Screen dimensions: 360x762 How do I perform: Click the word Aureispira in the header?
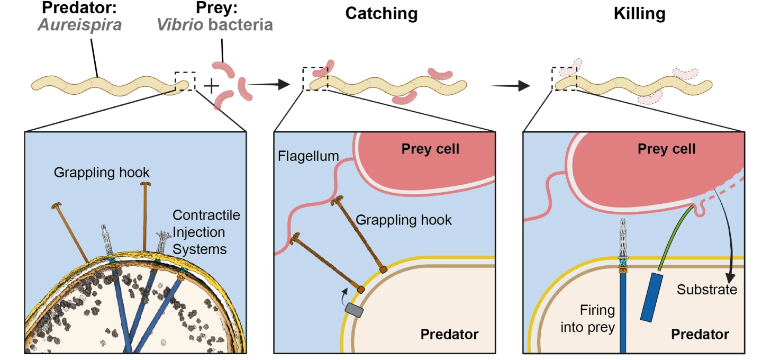[x=79, y=25]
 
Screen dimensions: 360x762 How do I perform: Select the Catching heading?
[x=381, y=14]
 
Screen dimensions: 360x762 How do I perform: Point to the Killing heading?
[x=639, y=14]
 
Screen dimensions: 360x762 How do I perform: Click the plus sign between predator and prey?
[x=211, y=85]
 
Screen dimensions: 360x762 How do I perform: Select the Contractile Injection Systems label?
[x=206, y=232]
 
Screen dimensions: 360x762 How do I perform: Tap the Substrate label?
[x=706, y=290]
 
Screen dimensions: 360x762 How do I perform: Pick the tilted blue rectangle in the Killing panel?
[x=650, y=298]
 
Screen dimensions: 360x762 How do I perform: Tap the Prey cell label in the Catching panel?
[x=430, y=149]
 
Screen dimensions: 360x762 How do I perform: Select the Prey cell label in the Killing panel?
[x=666, y=149]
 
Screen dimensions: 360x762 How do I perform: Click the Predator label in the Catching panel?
[x=449, y=335]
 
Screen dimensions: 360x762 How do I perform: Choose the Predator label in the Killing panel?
[x=700, y=335]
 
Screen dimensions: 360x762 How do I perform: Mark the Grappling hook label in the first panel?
[x=102, y=173]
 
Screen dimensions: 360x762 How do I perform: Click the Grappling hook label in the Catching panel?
[x=403, y=220]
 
